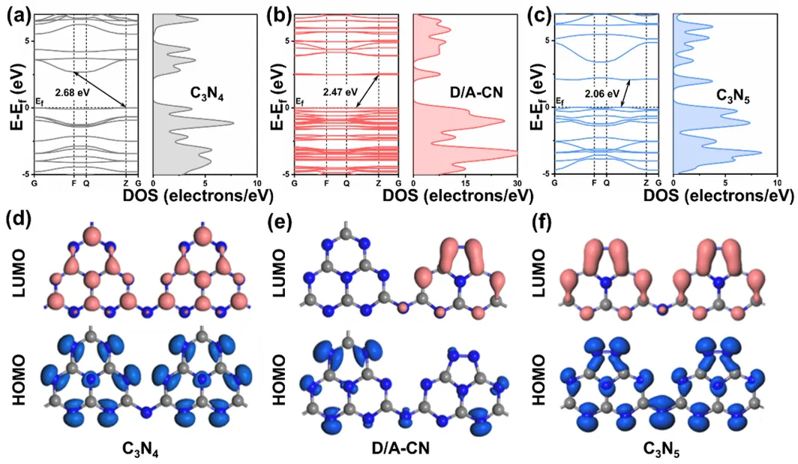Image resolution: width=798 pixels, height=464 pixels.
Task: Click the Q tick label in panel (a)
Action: click(x=86, y=182)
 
